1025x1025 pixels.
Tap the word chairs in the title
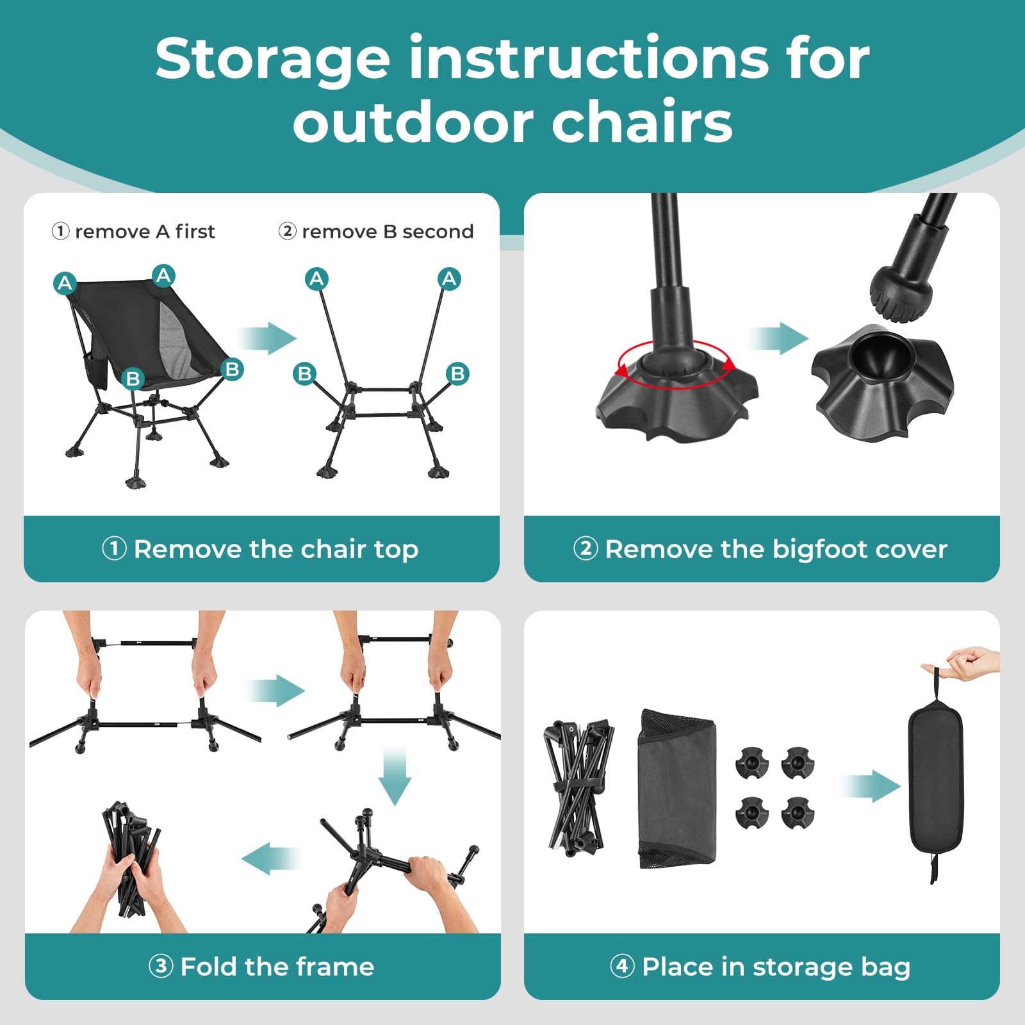coord(642,122)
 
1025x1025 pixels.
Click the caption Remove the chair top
coord(275,549)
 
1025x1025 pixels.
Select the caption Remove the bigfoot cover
coord(775,549)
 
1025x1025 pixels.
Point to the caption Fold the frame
coord(277,966)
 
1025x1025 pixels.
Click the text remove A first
coord(144,231)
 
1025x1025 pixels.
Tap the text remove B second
coord(387,231)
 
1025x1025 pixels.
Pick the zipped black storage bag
coord(936,776)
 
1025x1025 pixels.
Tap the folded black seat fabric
coord(677,789)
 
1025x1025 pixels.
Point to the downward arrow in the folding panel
coord(394,775)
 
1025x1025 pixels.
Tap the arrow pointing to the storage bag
coord(871,786)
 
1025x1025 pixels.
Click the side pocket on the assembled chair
coord(96,370)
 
